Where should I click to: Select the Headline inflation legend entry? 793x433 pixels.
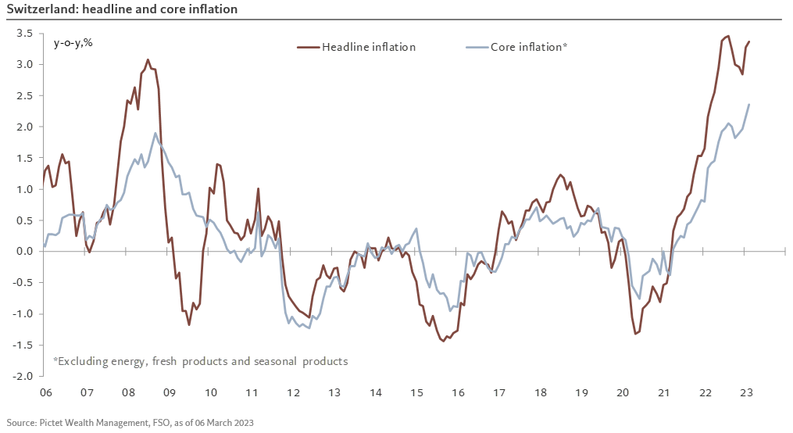click(368, 47)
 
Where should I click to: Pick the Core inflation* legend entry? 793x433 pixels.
click(528, 47)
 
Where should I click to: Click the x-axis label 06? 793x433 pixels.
click(45, 392)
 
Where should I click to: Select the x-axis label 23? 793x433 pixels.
click(746, 392)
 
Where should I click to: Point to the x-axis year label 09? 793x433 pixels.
click(169, 392)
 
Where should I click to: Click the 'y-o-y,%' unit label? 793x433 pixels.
click(73, 43)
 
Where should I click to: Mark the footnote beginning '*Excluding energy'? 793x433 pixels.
click(200, 361)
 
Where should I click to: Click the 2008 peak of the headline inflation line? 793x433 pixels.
click(148, 59)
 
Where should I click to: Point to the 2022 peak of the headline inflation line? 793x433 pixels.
click(728, 36)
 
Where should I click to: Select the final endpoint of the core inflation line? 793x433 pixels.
click(749, 105)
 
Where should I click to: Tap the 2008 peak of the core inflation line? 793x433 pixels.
click(155, 133)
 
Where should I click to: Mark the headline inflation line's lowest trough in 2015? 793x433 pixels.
click(443, 341)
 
